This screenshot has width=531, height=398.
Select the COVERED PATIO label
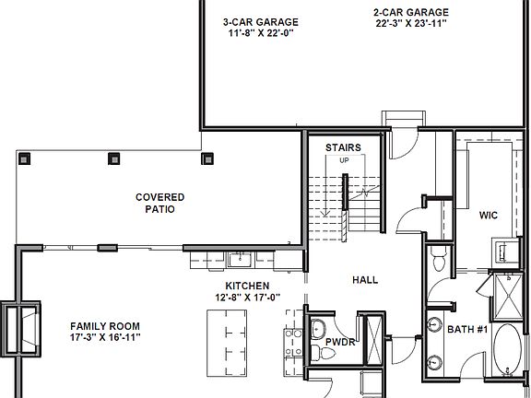(x=159, y=203)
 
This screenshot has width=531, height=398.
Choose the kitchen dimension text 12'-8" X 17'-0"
(x=247, y=298)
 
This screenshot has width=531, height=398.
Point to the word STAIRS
(x=343, y=147)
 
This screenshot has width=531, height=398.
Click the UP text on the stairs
(x=345, y=161)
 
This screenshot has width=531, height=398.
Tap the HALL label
(x=365, y=279)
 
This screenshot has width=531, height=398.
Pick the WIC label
(x=488, y=216)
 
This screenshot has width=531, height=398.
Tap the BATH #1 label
(x=466, y=328)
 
